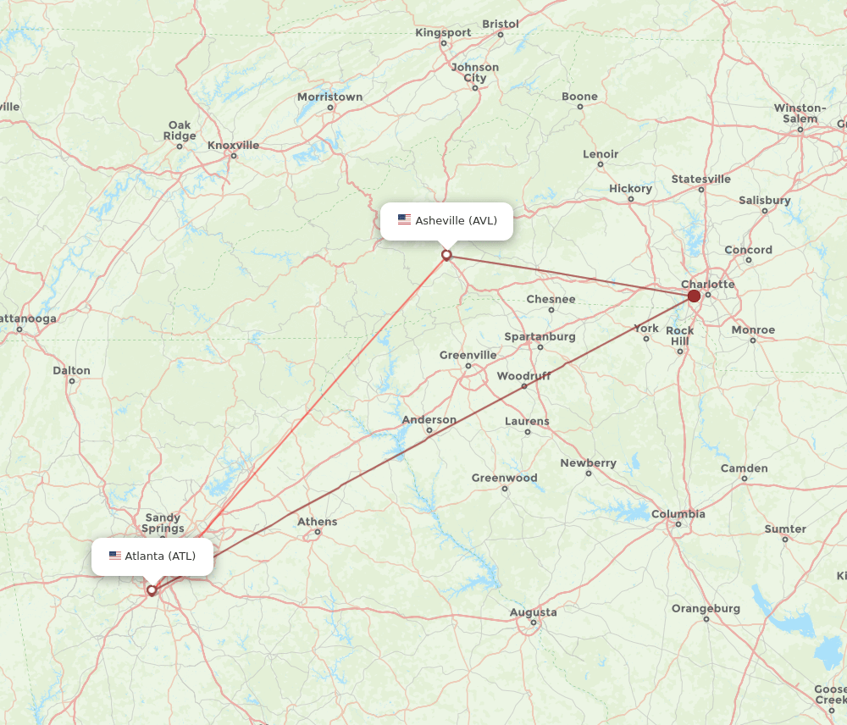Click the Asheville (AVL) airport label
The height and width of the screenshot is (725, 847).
coord(456,221)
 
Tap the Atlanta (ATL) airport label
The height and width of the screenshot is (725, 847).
coord(160,556)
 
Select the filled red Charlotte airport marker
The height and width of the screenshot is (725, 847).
coord(694,296)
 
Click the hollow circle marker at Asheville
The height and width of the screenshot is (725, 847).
coord(446,255)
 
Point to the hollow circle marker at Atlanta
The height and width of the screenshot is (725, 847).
coord(152,590)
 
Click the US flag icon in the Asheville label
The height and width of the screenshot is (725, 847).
coord(404,220)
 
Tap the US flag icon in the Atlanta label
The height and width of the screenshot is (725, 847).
coord(115,556)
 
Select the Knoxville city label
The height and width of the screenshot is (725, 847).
coord(233,145)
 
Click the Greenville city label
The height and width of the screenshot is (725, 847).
coord(468,355)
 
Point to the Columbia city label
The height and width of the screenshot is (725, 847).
coord(678,514)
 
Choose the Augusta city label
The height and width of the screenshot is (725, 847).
coord(534,612)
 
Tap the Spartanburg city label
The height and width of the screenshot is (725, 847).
coord(540,336)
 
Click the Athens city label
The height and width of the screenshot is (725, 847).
coord(318,522)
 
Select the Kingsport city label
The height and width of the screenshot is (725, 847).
coord(443,33)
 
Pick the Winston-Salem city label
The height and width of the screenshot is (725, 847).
coord(800,113)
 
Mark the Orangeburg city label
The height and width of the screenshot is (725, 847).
coord(706,608)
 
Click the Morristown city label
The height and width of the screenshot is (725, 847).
coord(329,97)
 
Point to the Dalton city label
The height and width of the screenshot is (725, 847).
coord(71,370)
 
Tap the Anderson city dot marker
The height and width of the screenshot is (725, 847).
coord(429,431)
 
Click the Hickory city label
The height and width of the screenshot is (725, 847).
coord(631,188)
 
